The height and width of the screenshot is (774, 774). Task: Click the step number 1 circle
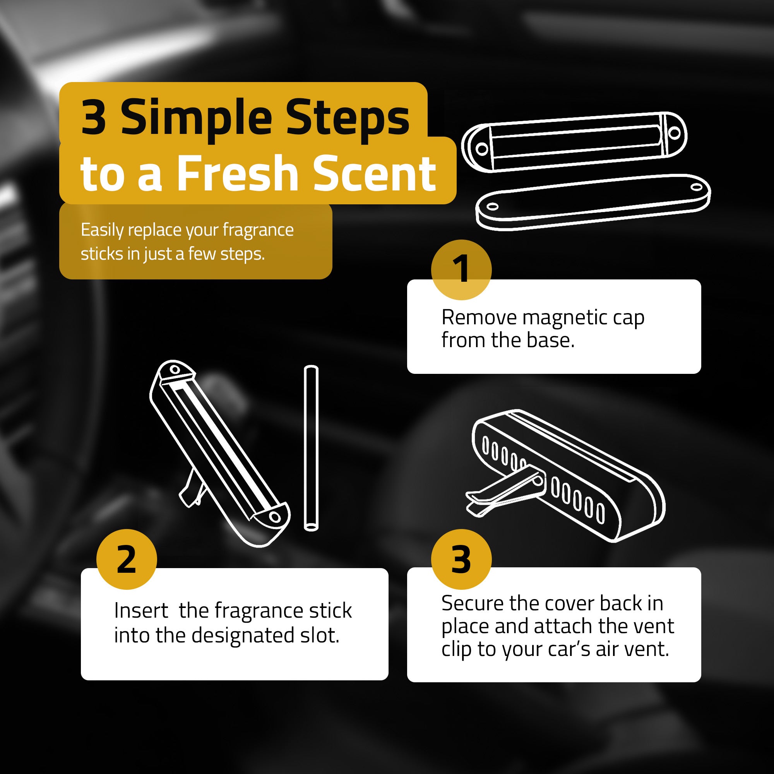[461, 270]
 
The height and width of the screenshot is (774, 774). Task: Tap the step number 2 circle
[127, 559]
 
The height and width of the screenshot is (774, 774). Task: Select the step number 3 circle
[461, 559]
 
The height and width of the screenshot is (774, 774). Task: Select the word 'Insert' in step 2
[141, 611]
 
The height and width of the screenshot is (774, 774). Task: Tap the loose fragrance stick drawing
[311, 448]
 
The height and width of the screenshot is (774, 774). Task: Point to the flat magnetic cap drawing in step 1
[593, 202]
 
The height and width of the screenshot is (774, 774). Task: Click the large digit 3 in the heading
[94, 118]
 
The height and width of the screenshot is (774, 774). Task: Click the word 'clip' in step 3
[456, 650]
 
